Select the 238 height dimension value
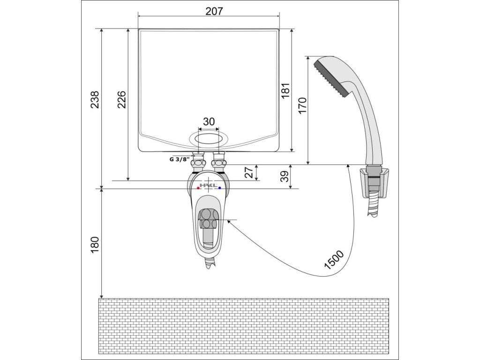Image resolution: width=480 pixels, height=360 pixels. click(95, 100)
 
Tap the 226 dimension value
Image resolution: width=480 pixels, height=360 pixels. click(121, 100)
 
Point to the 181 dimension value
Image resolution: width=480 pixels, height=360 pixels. click(285, 90)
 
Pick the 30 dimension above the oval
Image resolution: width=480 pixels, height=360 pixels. click(209, 121)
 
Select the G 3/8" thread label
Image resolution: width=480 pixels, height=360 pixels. click(179, 159)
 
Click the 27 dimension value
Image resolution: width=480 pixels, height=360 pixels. click(251, 172)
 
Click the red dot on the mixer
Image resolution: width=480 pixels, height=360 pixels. click(198, 187)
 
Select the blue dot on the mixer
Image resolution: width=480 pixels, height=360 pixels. click(219, 187)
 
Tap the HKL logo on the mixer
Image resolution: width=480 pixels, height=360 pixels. click(209, 186)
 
